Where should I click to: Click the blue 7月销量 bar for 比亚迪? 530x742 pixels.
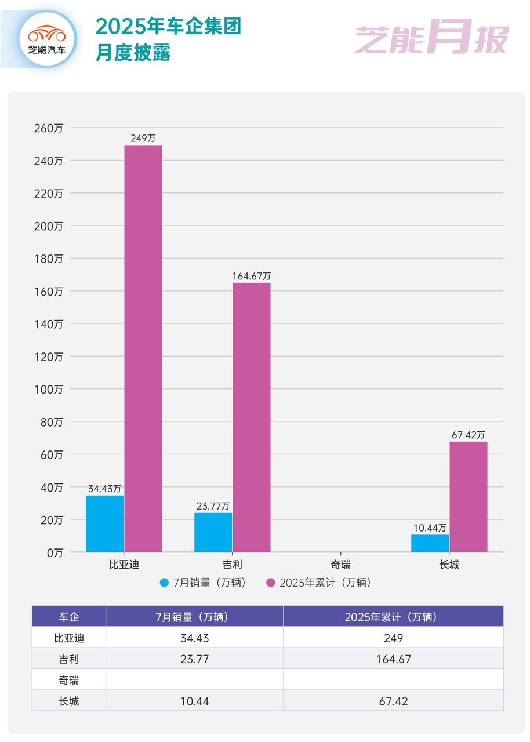click(x=104, y=523)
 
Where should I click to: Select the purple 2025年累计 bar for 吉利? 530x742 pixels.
click(x=251, y=417)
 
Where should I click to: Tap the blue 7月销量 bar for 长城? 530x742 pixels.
click(x=430, y=543)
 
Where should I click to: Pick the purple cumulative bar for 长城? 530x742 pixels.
click(x=469, y=497)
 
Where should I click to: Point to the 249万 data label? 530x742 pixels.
click(x=143, y=139)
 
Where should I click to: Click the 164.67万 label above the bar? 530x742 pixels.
click(x=251, y=277)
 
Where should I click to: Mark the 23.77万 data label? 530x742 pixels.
click(x=212, y=506)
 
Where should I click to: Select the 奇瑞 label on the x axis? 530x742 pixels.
click(x=340, y=564)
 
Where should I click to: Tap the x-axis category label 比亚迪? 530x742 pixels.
click(x=124, y=564)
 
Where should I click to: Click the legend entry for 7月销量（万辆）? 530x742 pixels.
click(x=203, y=583)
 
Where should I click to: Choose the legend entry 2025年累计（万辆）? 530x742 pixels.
click(x=318, y=583)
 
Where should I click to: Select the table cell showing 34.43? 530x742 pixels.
click(x=194, y=638)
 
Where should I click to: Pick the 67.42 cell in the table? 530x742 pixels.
click(x=393, y=701)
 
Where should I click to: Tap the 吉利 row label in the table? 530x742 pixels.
click(x=68, y=659)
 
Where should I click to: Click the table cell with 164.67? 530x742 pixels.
click(x=393, y=659)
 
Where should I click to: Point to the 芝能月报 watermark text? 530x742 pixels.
click(x=431, y=39)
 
